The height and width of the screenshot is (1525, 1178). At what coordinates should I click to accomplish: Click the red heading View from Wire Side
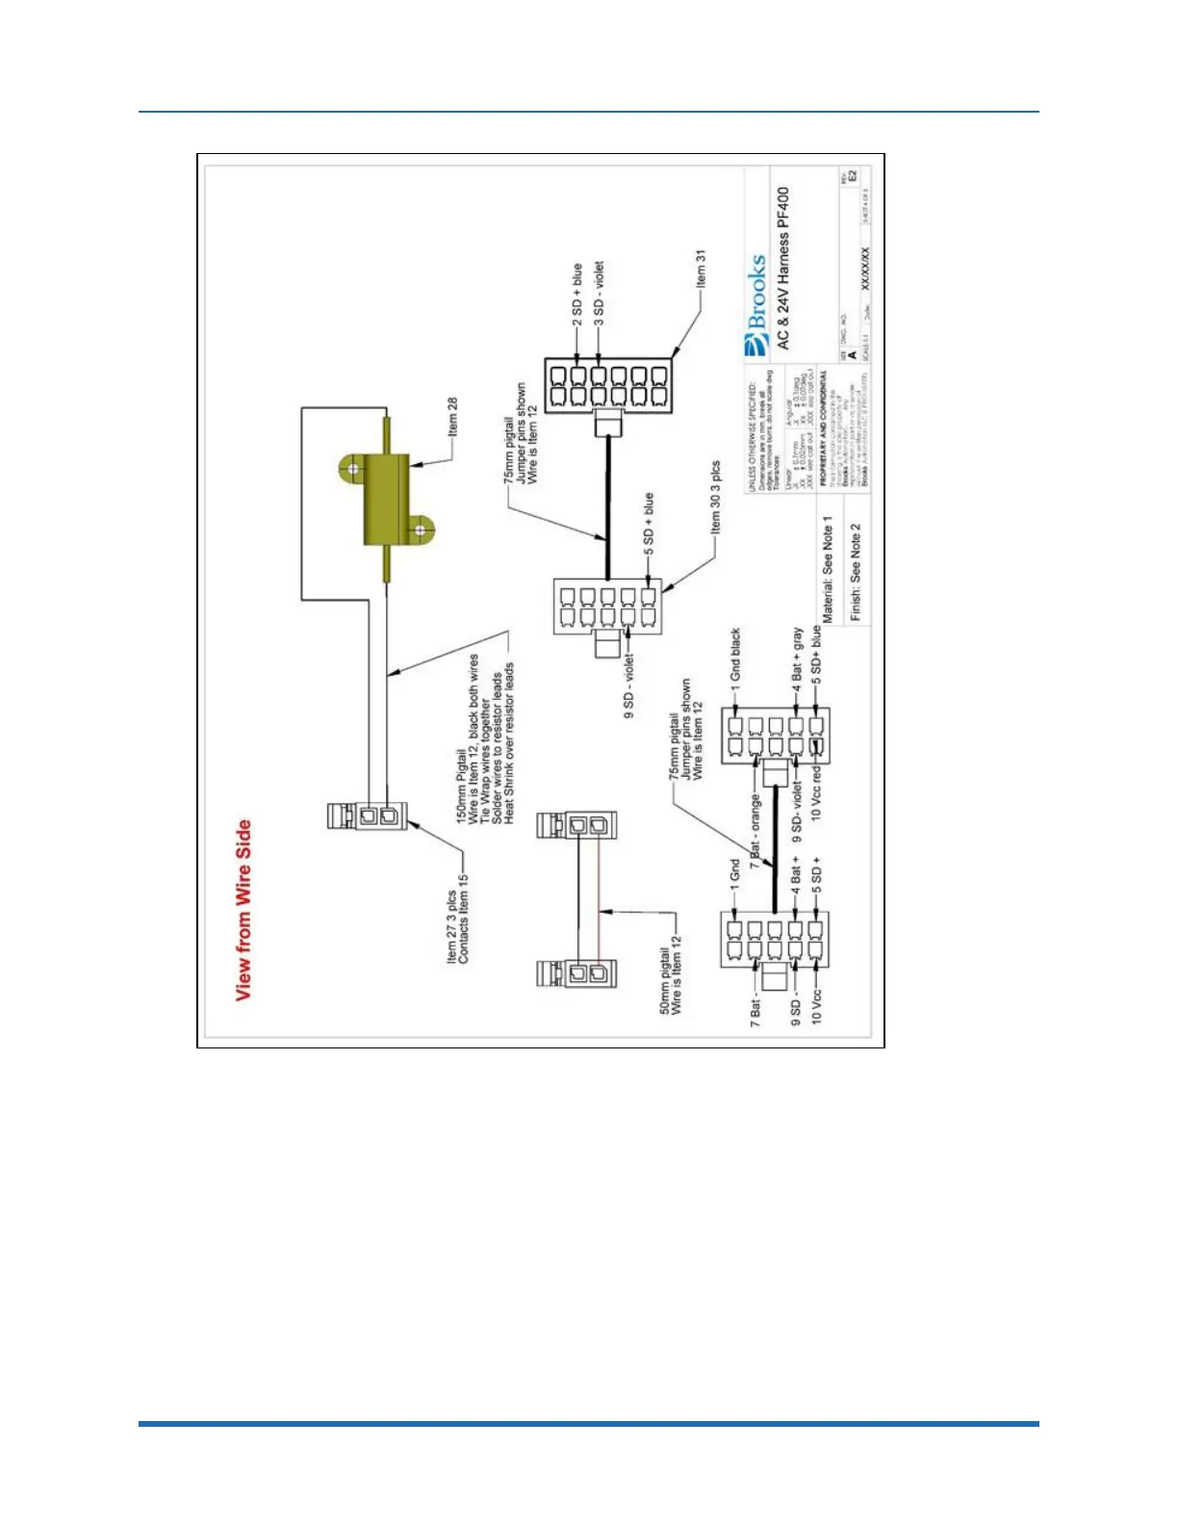[243, 910]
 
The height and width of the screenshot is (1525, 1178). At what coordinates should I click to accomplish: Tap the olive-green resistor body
[384, 499]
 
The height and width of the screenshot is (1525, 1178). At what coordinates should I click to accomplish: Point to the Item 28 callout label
[452, 417]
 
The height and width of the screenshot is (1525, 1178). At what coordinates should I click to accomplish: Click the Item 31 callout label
[701, 269]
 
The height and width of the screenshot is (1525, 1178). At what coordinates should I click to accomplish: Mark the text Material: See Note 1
[827, 569]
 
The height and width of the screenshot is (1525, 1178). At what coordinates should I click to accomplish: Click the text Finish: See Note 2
[856, 572]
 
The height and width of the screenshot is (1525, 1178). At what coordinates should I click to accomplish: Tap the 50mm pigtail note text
[670, 981]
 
